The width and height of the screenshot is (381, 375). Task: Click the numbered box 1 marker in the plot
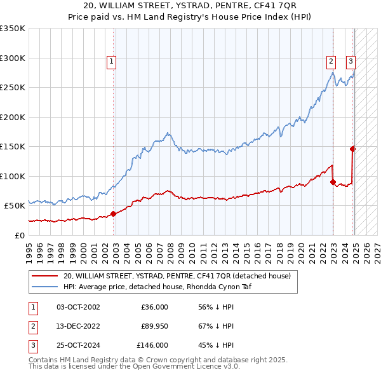(111, 62)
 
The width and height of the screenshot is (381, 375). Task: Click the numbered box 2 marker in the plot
(331, 62)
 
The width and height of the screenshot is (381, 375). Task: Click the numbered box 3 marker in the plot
(351, 62)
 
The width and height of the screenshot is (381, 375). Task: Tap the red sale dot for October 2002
(113, 214)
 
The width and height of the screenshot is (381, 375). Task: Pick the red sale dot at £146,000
(352, 149)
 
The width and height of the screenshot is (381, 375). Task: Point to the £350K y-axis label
(13, 29)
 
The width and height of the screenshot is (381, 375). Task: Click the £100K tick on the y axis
(13, 176)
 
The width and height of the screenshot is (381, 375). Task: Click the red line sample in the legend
(44, 276)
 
